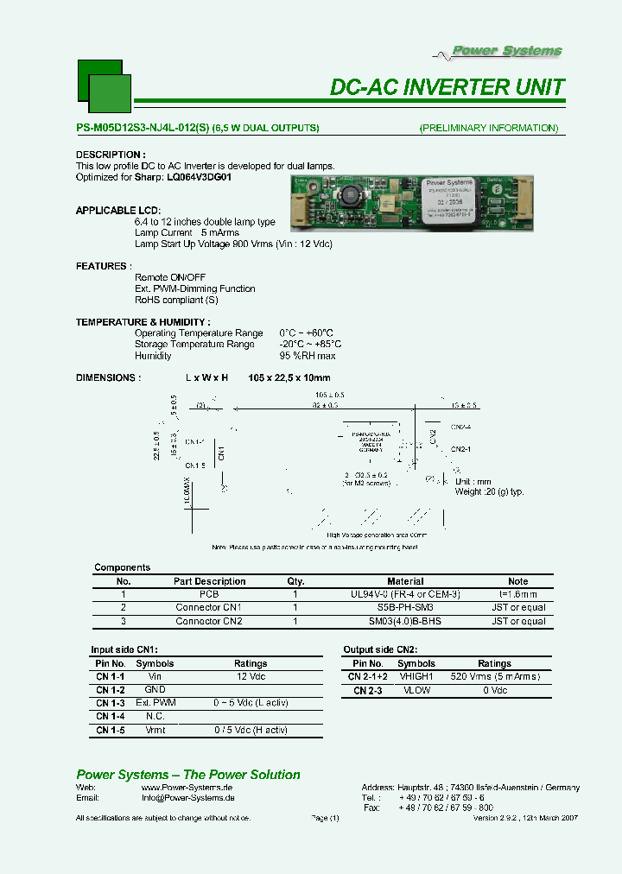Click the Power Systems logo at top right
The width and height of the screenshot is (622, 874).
coord(508,51)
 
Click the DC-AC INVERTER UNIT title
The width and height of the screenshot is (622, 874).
coord(447,87)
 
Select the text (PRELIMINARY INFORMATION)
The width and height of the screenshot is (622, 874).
coord(489,128)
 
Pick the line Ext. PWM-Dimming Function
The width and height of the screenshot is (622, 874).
coord(195,288)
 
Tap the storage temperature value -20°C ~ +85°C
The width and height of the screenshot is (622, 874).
coord(307,344)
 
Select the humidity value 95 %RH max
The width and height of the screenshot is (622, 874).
coord(308,356)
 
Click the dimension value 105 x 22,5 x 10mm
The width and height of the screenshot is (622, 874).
coord(289,378)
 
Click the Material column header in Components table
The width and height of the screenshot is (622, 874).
coord(405,581)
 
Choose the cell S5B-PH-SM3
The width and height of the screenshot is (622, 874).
coord(405,607)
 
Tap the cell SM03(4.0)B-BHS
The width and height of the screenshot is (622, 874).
coord(405,621)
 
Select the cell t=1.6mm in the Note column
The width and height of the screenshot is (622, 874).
coord(518,594)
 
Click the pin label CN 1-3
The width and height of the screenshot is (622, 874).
coord(111,703)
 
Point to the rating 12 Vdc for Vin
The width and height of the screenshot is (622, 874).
coord(251,677)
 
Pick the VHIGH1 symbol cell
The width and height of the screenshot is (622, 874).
coord(416,677)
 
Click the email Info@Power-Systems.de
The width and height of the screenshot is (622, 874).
coord(181,800)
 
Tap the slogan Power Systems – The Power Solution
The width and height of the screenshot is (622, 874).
coord(188,775)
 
